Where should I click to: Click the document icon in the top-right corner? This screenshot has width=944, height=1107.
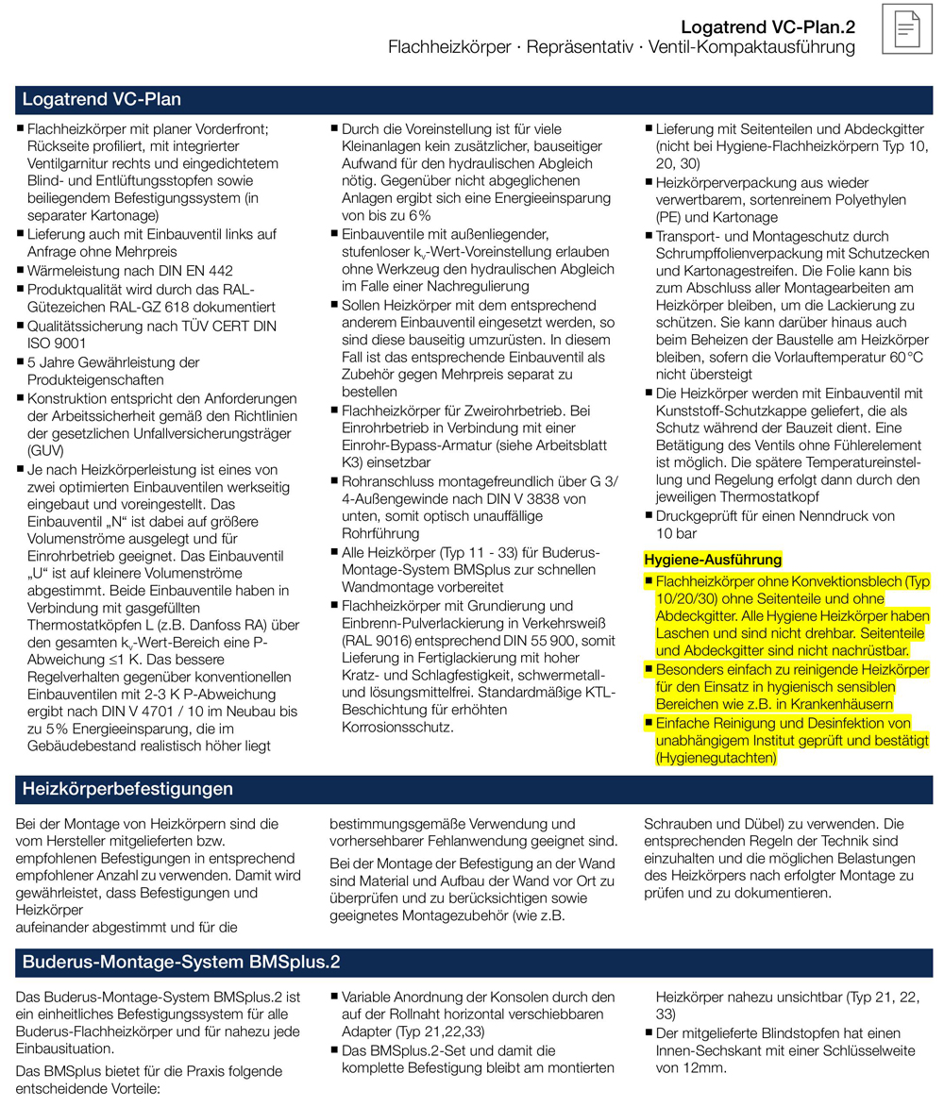pos(906,29)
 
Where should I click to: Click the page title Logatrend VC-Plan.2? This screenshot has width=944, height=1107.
pos(768,25)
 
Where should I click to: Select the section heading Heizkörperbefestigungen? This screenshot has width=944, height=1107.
pos(127,788)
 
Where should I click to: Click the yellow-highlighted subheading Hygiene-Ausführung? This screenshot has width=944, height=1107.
pos(700,561)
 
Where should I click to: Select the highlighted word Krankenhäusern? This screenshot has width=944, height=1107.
pos(847,704)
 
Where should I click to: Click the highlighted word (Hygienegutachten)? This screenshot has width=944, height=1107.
pos(716,758)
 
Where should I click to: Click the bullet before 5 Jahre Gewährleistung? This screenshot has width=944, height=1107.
pos(20,362)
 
